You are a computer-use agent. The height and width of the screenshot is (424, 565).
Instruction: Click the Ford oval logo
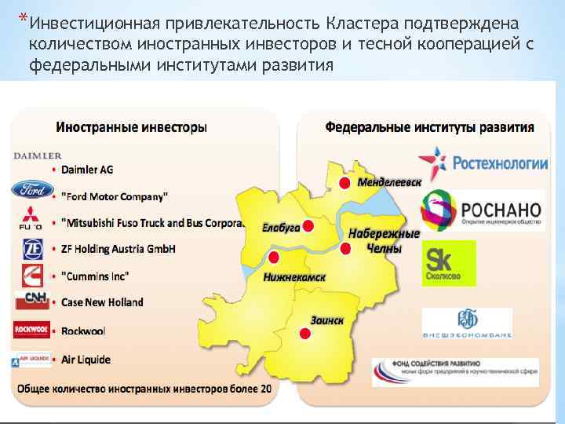click(x=31, y=189)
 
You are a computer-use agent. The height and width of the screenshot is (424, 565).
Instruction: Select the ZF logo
click(x=32, y=249)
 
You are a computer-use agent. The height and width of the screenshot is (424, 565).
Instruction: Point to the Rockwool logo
click(x=31, y=329)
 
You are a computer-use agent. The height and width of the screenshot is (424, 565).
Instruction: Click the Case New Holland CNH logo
click(x=31, y=301)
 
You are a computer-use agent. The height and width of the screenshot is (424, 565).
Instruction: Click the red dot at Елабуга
click(x=308, y=226)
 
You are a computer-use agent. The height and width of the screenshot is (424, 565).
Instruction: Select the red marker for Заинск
click(x=305, y=333)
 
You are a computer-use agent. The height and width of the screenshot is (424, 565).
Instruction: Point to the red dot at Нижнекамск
click(x=274, y=258)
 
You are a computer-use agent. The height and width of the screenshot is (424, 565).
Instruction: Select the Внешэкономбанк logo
click(x=467, y=323)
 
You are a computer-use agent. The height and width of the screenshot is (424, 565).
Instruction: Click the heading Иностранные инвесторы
click(x=132, y=126)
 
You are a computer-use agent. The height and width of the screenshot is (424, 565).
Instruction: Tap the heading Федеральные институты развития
click(x=429, y=126)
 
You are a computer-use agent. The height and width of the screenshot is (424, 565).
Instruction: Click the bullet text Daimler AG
click(x=87, y=169)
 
